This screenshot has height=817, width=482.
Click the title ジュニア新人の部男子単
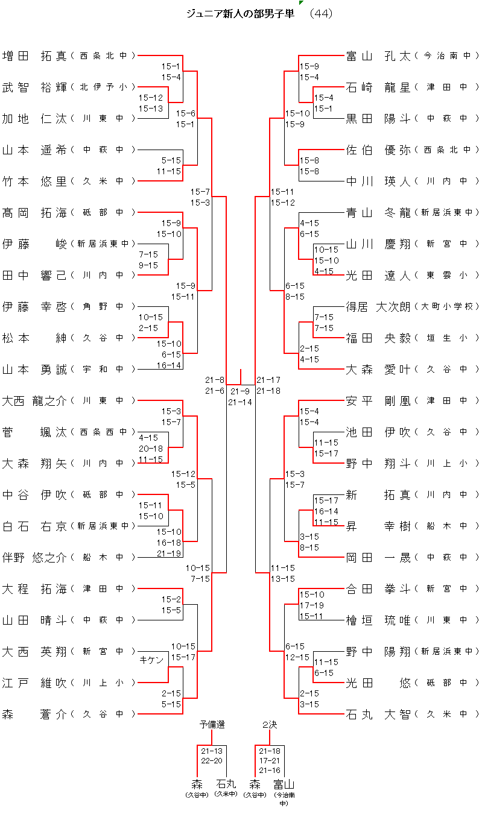tap(240, 13)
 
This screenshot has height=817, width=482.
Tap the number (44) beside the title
tap(320, 13)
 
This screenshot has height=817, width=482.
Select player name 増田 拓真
tap(34, 56)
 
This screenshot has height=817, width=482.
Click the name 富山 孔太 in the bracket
tap(378, 56)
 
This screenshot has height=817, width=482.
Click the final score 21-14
tap(240, 402)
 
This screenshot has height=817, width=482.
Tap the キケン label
tap(151, 660)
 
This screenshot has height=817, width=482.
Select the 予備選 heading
tap(212, 724)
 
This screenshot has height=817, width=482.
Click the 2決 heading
tap(269, 724)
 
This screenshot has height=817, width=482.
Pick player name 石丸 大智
tap(378, 714)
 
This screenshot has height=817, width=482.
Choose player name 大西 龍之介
tap(34, 401)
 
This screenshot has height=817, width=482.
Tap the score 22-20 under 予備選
tap(212, 761)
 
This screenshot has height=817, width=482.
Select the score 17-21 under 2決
tap(270, 761)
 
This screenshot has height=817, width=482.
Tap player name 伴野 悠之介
tap(34, 558)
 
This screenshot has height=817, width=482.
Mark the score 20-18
tap(151, 448)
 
